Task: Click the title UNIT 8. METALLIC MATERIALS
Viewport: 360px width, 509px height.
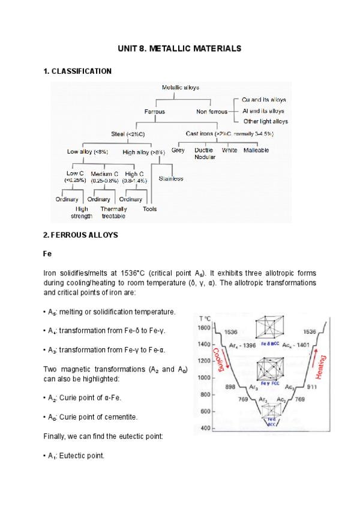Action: (x=180, y=48)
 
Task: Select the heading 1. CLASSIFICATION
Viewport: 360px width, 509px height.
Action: (x=77, y=71)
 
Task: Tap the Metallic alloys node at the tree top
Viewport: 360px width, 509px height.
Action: (x=181, y=88)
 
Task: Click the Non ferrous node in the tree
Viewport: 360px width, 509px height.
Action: (x=212, y=111)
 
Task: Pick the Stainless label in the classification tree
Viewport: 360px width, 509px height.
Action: (x=171, y=179)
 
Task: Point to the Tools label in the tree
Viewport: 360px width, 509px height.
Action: (x=150, y=209)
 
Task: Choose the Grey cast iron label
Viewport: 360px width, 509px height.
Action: (x=178, y=150)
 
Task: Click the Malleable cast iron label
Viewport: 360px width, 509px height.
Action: (x=256, y=150)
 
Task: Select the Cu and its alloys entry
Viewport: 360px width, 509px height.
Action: (x=263, y=100)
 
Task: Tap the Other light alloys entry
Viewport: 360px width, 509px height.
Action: (x=265, y=121)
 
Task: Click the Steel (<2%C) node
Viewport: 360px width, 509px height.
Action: (x=128, y=133)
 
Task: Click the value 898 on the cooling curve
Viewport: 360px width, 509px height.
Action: (x=230, y=387)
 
